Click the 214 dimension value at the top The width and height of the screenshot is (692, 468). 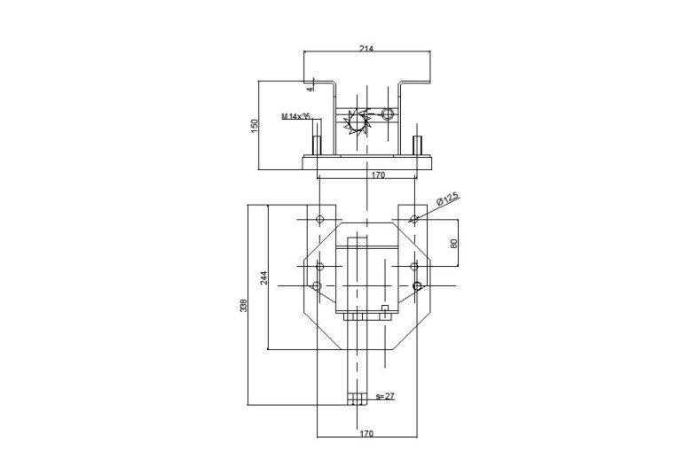tap(366, 49)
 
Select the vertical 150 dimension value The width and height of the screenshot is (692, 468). tap(255, 126)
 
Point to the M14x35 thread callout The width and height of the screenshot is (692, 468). tap(296, 116)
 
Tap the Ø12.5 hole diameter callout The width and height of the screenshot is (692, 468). tap(448, 199)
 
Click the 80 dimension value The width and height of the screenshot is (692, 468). tap(454, 243)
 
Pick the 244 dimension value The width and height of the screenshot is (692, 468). tap(263, 278)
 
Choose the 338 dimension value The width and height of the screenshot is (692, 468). tap(244, 305)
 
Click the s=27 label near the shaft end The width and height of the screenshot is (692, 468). tap(385, 396)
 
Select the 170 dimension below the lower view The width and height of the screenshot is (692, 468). tap(366, 433)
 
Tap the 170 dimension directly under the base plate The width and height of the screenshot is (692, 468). tap(378, 175)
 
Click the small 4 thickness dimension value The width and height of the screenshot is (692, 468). tap(311, 89)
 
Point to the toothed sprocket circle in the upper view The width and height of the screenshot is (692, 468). tap(357, 121)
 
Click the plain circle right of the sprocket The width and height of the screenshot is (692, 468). tap(388, 114)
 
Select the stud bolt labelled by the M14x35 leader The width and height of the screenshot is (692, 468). tap(317, 145)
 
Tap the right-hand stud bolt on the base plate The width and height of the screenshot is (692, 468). tap(417, 145)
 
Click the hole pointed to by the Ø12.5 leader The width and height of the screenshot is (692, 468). tap(414, 219)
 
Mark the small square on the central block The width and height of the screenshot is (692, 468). tap(385, 308)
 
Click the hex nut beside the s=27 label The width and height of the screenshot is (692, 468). tap(357, 399)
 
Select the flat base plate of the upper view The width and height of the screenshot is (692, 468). tap(366, 162)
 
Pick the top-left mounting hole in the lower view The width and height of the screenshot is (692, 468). tap(320, 219)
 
